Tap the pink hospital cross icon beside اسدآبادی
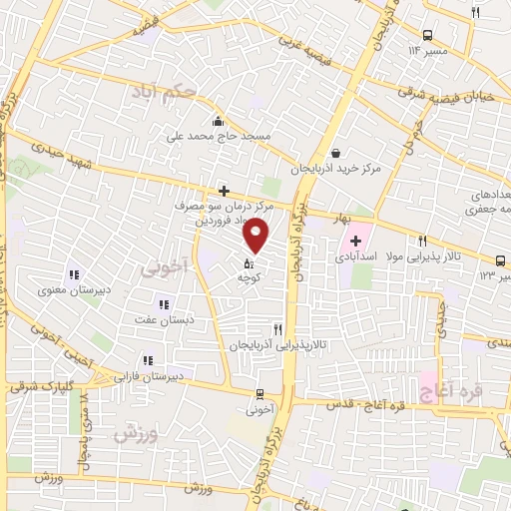click(x=355, y=241)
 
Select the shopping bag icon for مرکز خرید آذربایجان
click(x=336, y=153)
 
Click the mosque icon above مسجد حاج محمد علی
click(x=217, y=121)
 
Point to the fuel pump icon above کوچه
click(x=248, y=264)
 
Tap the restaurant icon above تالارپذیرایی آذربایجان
click(x=278, y=328)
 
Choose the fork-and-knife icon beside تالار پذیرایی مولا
click(x=423, y=241)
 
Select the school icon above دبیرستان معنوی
click(x=73, y=274)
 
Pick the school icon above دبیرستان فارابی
click(x=148, y=360)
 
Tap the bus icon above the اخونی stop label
click(x=259, y=394)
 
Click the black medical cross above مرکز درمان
click(x=224, y=190)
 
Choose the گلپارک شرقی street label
click(x=38, y=384)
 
